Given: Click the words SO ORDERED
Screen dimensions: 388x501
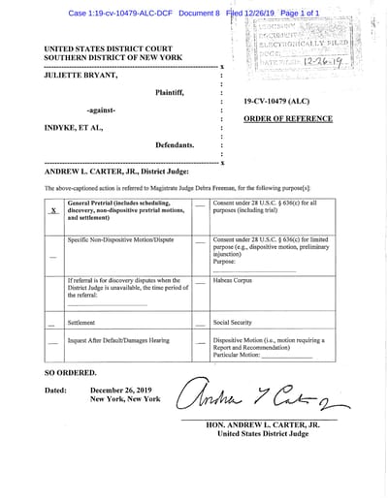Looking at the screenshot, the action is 71,372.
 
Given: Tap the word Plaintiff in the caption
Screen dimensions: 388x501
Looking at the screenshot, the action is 175,92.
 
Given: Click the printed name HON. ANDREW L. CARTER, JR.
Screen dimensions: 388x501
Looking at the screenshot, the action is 262,425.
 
